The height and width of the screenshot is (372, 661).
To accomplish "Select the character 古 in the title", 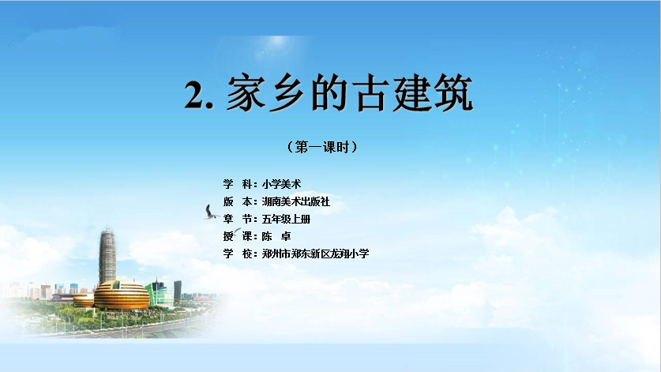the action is click(370, 93).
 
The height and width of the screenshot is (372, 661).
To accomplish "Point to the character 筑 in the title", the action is click(453, 92).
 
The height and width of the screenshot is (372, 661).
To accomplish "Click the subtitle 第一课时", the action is click(322, 147).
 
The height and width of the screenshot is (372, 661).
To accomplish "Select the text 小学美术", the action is click(281, 184).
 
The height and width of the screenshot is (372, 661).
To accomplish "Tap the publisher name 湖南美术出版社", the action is click(295, 201).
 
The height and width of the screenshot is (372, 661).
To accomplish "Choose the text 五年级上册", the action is click(286, 220).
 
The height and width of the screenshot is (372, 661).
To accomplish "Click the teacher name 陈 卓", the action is click(276, 236).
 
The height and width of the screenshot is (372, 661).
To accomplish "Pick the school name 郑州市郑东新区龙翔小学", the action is click(315, 254).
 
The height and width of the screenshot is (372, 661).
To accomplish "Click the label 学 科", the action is click(238, 184).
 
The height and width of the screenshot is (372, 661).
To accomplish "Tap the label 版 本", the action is click(238, 201).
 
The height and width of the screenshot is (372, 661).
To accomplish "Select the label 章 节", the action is click(238, 220).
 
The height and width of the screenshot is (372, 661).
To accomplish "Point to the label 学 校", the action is click(238, 254).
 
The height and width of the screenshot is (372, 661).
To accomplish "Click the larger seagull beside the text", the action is click(210, 212).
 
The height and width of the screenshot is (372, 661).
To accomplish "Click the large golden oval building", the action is click(122, 295).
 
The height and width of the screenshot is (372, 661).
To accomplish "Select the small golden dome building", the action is click(84, 300).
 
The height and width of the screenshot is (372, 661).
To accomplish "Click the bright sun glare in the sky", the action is click(277, 42).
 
